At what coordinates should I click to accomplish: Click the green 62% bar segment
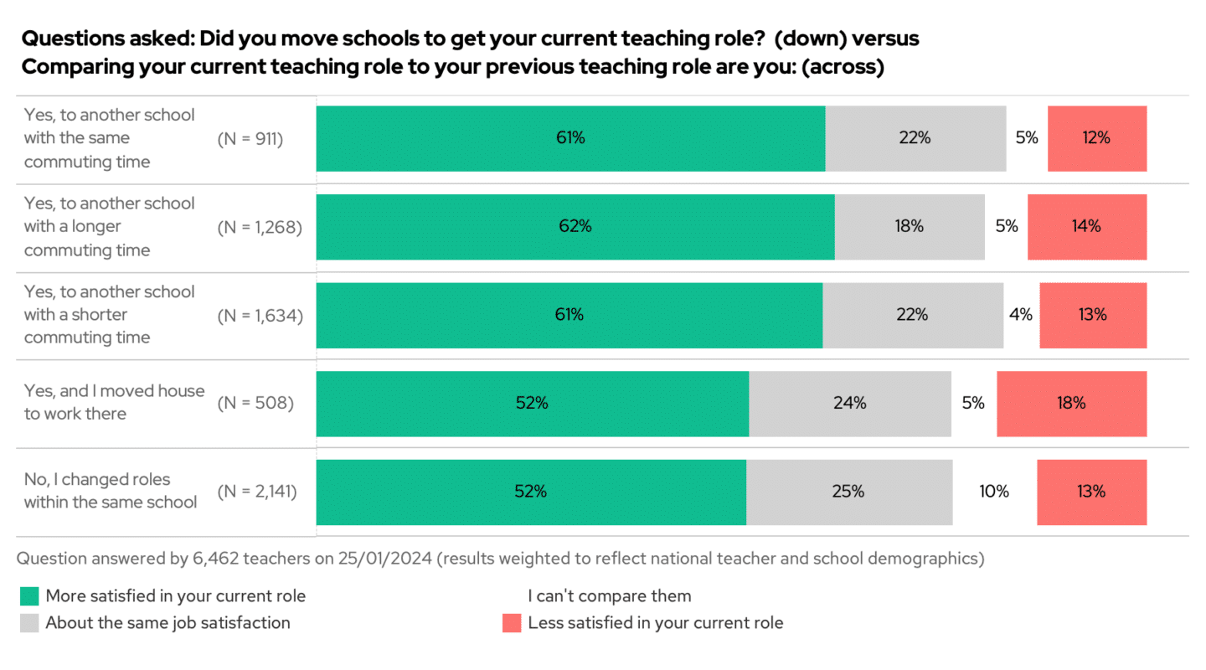coord(575,227)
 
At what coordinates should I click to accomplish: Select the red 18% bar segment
coord(1071,403)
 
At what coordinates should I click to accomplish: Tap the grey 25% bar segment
coord(848,492)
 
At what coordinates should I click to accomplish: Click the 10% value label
coord(994,492)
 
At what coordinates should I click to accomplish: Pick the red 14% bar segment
coord(1086,227)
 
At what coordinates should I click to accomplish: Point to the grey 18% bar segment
coord(909,227)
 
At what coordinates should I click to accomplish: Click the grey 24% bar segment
coord(849,403)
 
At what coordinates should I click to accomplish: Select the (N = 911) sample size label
coord(250,139)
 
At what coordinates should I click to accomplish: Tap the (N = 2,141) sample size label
coord(257,492)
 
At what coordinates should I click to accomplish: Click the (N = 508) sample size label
coord(255,403)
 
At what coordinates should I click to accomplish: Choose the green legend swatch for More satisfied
coord(29,596)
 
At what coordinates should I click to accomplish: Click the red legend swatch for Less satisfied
coord(512,623)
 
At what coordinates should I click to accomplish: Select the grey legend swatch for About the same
coord(29,623)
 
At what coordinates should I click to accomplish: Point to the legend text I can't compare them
coord(609,596)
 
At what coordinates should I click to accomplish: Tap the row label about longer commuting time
coord(109,227)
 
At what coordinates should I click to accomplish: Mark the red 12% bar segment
coord(1096,139)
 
